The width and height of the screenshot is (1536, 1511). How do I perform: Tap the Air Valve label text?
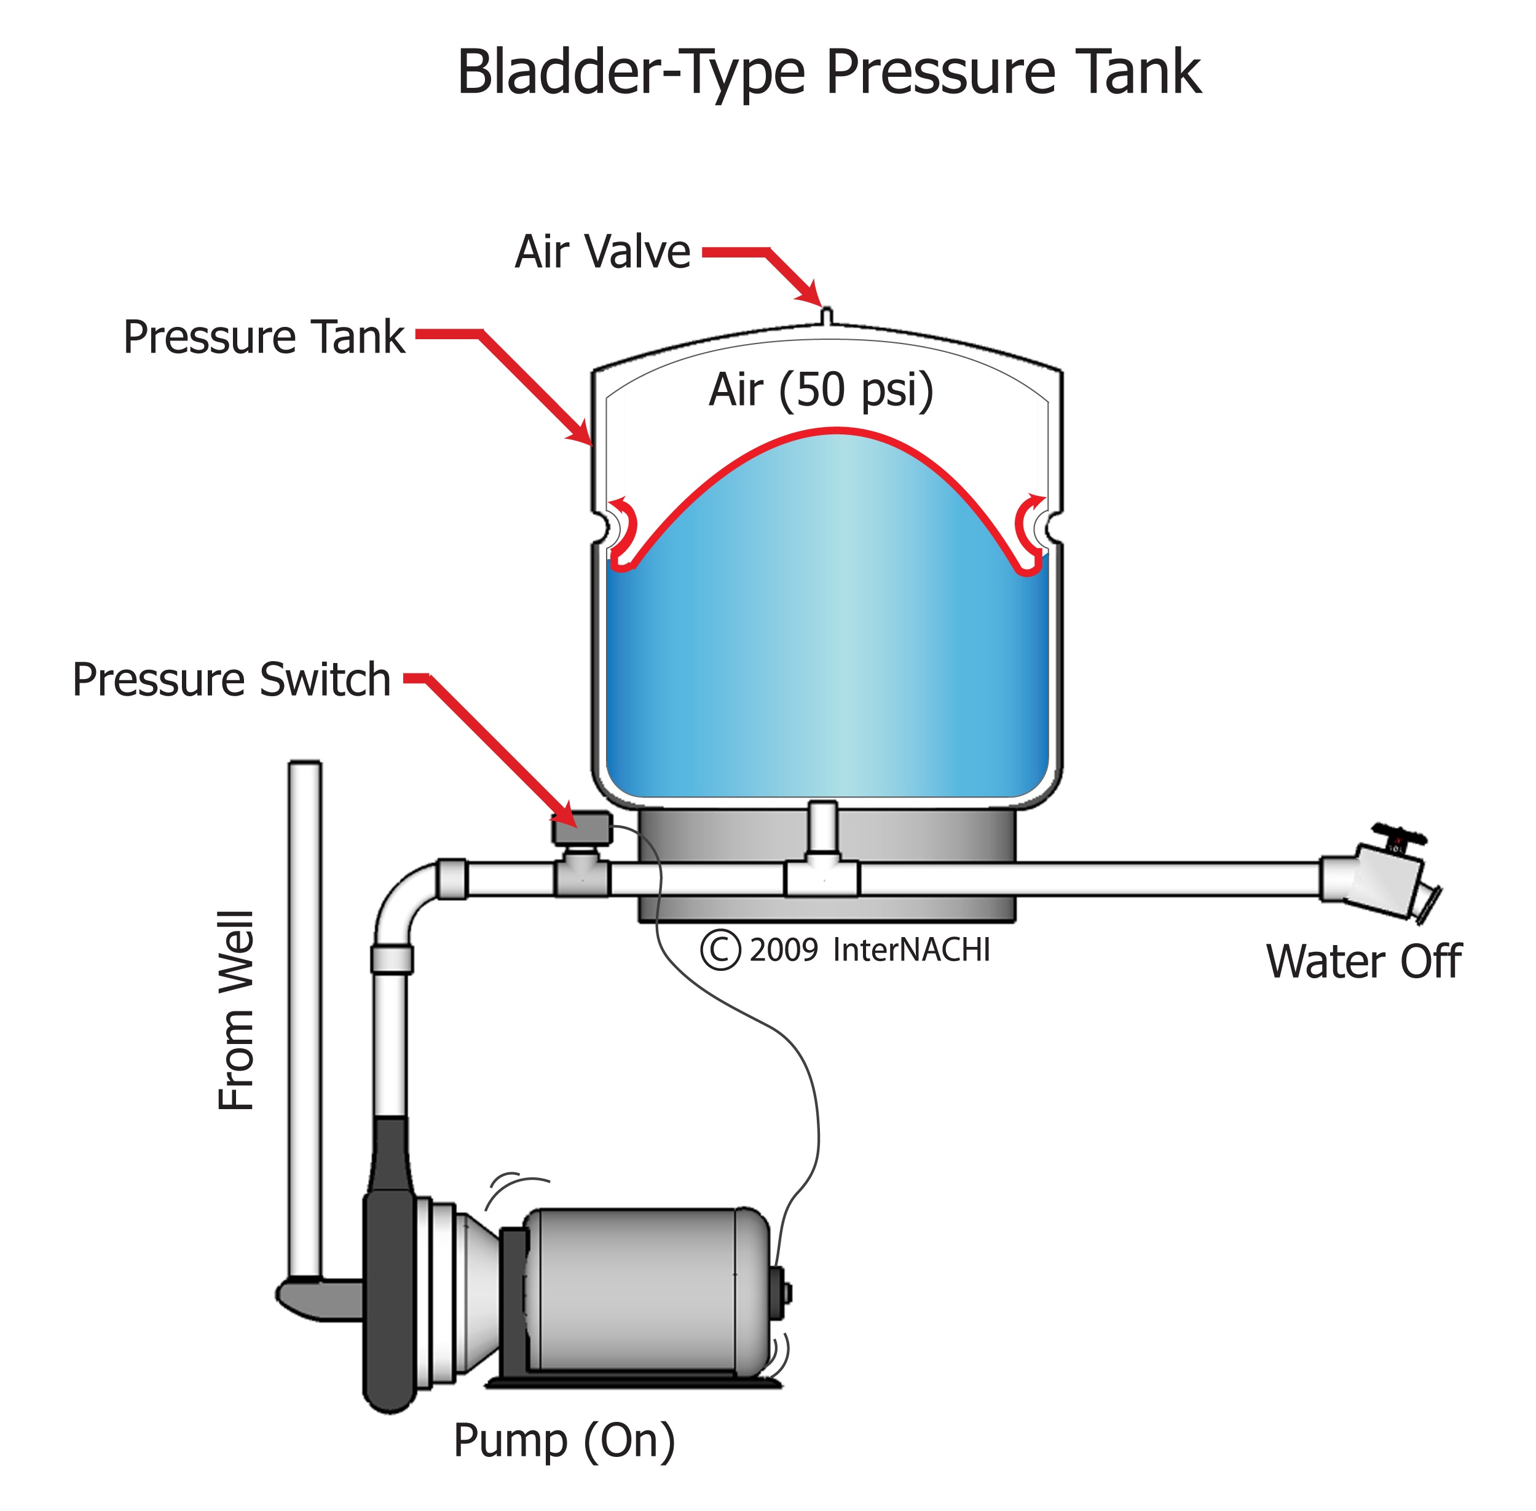602,253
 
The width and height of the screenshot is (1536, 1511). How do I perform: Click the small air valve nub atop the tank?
825,316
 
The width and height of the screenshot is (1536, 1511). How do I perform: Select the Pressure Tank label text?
264,337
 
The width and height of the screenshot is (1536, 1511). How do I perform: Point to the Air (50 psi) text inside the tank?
821,390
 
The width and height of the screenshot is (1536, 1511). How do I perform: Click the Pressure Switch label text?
231,680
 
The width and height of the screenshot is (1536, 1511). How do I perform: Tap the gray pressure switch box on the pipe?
581,828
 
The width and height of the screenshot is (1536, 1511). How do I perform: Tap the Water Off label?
1363,962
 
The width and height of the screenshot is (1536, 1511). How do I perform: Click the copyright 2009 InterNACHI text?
845,950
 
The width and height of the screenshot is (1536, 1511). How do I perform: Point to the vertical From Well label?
236,1010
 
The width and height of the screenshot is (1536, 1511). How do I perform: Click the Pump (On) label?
564,1440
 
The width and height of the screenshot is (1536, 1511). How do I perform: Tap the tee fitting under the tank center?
822,876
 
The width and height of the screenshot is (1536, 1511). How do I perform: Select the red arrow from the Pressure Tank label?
524,381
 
